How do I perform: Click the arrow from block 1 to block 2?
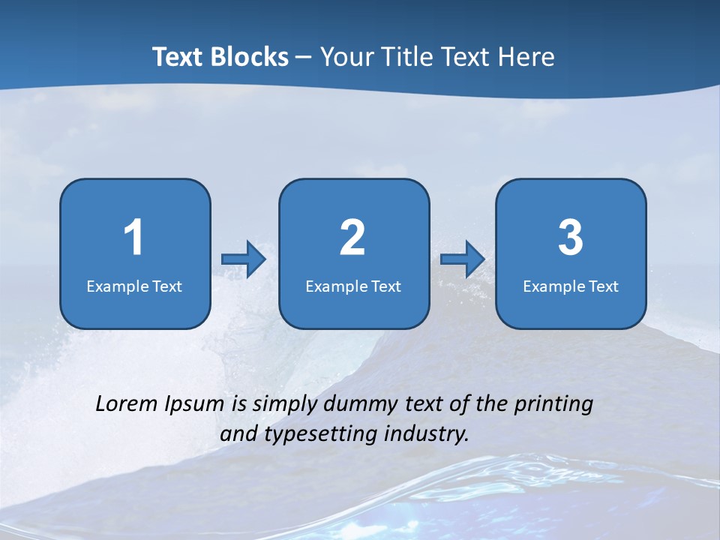tap(244, 259)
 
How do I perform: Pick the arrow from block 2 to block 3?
tap(462, 259)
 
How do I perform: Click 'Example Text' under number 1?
tap(134, 286)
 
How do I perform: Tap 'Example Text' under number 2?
tap(353, 286)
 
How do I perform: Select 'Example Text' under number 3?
tap(571, 286)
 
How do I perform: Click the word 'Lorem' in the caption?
tap(126, 404)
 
